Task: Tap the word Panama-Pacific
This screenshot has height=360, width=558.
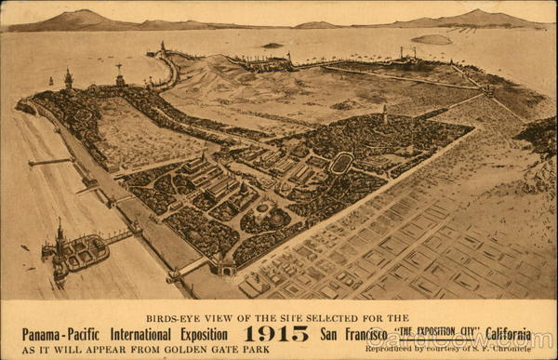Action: pos(64,334)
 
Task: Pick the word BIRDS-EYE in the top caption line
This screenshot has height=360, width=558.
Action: pos(172,318)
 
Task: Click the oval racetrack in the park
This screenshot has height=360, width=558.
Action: pos(341,163)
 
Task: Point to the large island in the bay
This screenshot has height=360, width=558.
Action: pos(431,39)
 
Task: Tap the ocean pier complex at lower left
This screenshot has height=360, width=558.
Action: pos(79,251)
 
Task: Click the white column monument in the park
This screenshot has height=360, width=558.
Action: pos(385,113)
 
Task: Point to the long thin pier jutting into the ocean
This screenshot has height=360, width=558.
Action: pos(50,162)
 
